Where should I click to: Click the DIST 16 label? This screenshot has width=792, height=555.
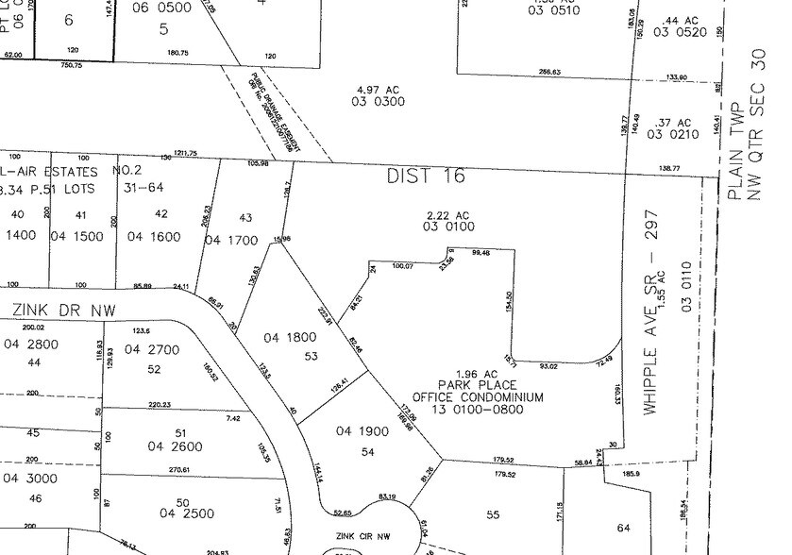point(426,177)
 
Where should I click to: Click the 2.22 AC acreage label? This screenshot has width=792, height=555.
point(449,215)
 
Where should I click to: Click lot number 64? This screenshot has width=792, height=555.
point(622,528)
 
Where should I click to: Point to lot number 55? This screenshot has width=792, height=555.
point(492,515)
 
